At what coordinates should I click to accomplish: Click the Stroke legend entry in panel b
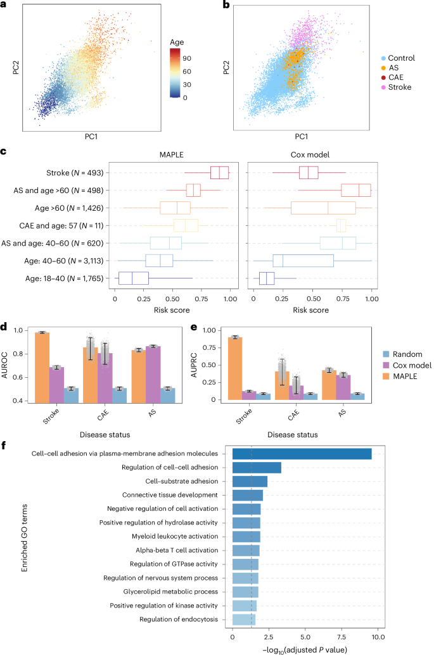398,87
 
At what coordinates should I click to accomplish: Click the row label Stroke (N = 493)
77,173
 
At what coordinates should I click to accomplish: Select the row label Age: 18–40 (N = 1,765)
67,277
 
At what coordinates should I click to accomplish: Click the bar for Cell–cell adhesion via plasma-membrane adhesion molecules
302,453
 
